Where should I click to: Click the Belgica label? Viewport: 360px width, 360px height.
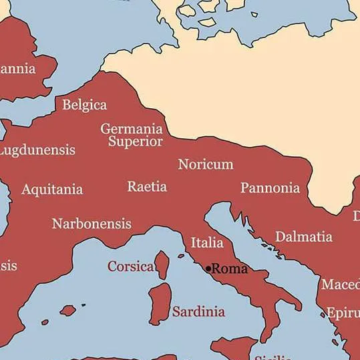(84, 105)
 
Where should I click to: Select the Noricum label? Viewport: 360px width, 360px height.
(206, 164)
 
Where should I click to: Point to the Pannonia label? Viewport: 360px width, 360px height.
(270, 188)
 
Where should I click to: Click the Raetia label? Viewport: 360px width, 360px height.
(147, 186)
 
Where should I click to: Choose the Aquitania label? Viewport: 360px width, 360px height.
(52, 190)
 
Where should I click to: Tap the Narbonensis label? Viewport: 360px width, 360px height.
(92, 224)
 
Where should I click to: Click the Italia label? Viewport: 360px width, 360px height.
(207, 242)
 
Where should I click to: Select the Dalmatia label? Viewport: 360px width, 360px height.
(303, 236)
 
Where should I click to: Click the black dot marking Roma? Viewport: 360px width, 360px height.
(208, 269)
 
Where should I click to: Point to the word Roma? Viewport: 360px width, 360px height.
(230, 269)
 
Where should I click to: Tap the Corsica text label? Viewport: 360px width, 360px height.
(130, 266)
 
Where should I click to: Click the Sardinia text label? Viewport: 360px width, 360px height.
(198, 311)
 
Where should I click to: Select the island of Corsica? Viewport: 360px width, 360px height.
(162, 264)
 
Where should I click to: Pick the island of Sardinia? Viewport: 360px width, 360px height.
(160, 304)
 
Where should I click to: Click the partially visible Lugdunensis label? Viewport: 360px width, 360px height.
(37, 150)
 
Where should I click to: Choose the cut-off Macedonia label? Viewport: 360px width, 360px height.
(341, 285)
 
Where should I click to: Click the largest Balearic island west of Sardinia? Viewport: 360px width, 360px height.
(67, 311)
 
